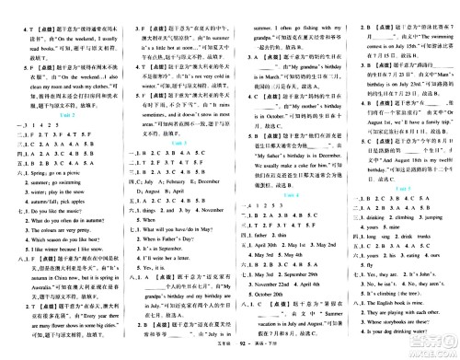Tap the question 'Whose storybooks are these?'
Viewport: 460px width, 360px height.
pos(412,327)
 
